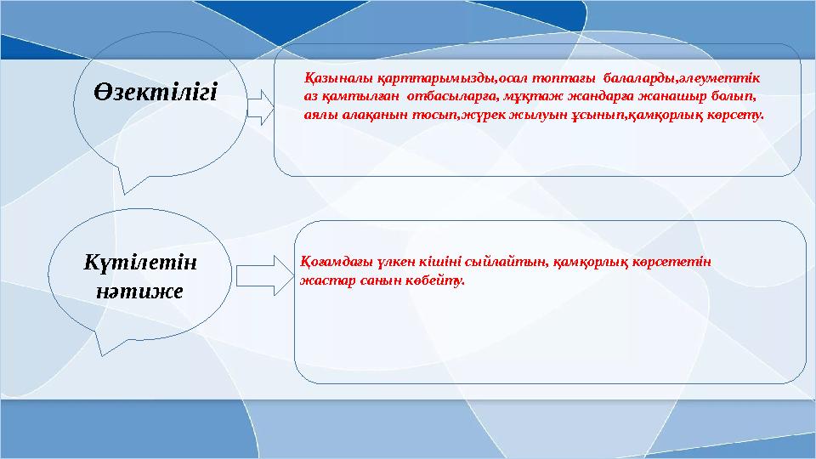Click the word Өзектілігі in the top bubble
click(156, 90)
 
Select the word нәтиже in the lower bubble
click(140, 291)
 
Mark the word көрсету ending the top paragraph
click(736, 113)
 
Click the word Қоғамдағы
click(332, 262)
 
